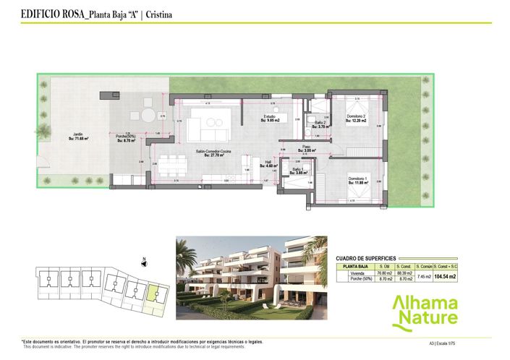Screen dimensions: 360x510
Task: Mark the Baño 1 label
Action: coord(297,171)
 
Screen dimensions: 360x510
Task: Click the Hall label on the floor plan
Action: coord(267,164)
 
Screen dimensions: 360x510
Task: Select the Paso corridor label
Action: coord(307,148)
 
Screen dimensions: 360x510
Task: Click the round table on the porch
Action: coord(148,116)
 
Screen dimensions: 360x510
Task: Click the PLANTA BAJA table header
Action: coord(354,266)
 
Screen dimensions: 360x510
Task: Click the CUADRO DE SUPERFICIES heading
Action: coord(367,258)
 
